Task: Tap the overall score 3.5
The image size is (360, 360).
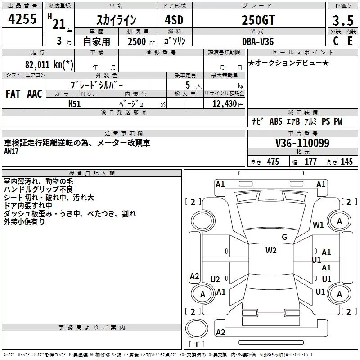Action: pyautogui.click(x=342, y=20)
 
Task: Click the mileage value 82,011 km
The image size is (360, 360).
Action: pyautogui.click(x=49, y=64)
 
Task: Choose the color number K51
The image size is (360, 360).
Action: pyautogui.click(x=75, y=103)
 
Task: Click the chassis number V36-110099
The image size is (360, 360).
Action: pyautogui.click(x=302, y=143)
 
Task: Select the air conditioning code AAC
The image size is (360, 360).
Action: pyautogui.click(x=35, y=94)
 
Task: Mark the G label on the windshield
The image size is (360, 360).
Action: pyautogui.click(x=284, y=237)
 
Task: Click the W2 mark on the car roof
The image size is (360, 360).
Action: pyautogui.click(x=271, y=251)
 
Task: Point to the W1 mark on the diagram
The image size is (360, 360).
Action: pyautogui.click(x=319, y=225)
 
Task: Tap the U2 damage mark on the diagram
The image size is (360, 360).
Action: pyautogui.click(x=215, y=279)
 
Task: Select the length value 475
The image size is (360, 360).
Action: pyautogui.click(x=273, y=162)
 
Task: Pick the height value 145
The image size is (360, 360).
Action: pyautogui.click(x=346, y=162)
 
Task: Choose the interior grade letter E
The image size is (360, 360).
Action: pyautogui.click(x=349, y=40)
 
